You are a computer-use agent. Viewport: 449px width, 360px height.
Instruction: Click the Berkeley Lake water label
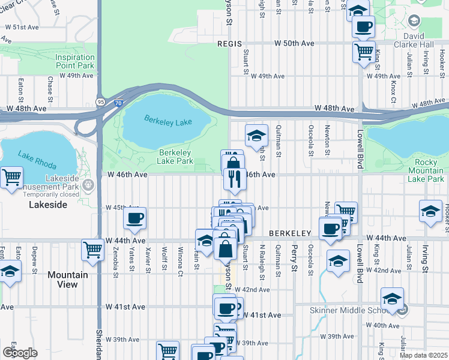point(168,122)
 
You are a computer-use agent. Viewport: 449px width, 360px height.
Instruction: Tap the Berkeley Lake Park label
point(175,157)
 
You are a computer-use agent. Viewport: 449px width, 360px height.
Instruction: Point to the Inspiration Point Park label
point(75,61)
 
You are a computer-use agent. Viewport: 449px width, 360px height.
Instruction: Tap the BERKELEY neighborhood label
point(289,233)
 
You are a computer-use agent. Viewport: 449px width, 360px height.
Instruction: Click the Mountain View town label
point(68,280)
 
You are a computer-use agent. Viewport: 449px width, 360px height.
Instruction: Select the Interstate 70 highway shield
point(118,103)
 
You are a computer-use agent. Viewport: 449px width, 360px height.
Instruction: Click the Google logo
point(20,352)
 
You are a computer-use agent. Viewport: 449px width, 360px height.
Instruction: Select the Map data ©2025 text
point(423,355)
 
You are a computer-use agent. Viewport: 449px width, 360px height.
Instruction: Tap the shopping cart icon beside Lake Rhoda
point(11,178)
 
